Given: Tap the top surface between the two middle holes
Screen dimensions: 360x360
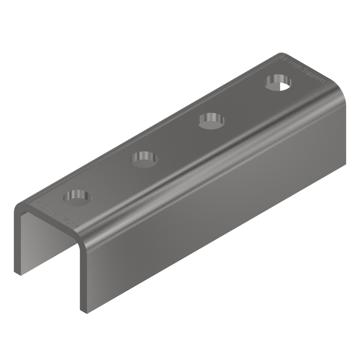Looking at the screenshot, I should coord(178,139).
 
